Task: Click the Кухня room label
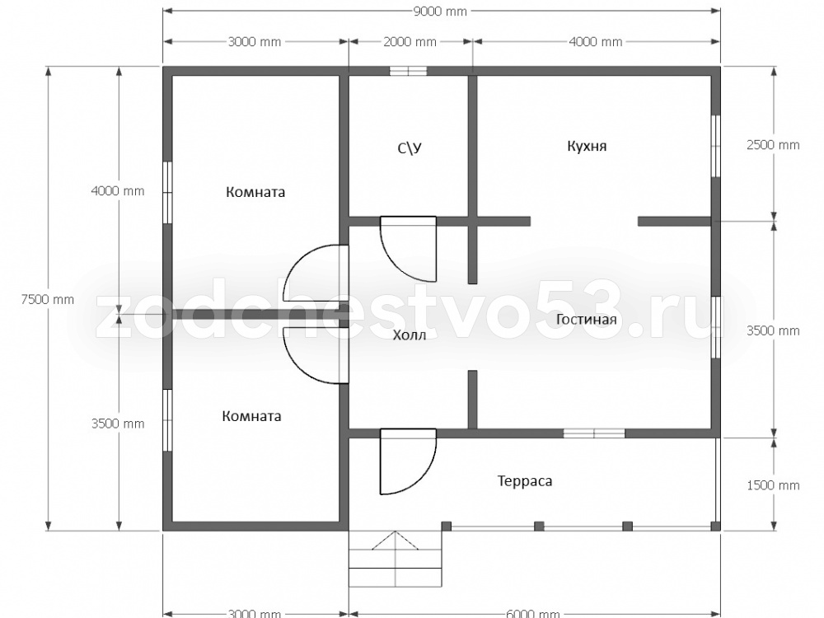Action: [x=587, y=146]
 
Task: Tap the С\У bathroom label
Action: [x=410, y=148]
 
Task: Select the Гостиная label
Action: [x=586, y=320]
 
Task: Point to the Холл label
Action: [x=410, y=335]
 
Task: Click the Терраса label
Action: [x=524, y=481]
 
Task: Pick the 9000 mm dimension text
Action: [x=440, y=12]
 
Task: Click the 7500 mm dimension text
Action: [x=47, y=300]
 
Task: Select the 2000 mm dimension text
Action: [x=410, y=42]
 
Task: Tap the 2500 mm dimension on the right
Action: [x=773, y=145]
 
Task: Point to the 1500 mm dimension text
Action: [x=773, y=485]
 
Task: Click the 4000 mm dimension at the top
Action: [x=596, y=42]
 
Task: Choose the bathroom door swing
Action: [x=409, y=249]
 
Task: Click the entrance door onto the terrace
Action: [x=409, y=461]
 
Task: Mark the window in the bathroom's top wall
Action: [x=408, y=72]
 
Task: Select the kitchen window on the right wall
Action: [x=715, y=146]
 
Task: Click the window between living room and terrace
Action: [x=594, y=433]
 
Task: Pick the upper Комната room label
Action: [x=255, y=192]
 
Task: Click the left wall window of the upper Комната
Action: [x=167, y=193]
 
